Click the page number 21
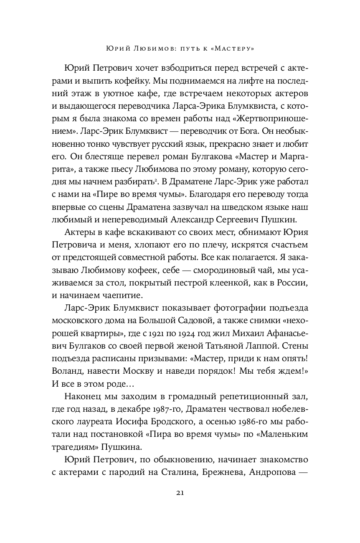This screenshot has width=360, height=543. pyautogui.click(x=180, y=492)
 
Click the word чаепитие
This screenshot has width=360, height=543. pyautogui.click(x=124, y=296)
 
